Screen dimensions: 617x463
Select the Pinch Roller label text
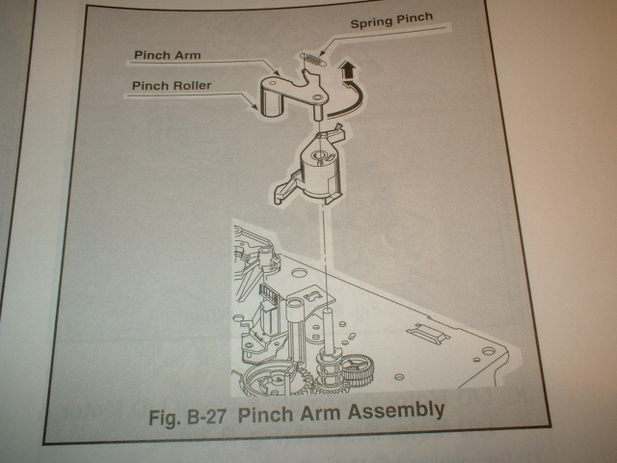click(171, 87)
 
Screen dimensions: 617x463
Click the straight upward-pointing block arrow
click(345, 70)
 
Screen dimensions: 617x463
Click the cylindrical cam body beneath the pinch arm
click(316, 170)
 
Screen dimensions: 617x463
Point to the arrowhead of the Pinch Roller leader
click(258, 108)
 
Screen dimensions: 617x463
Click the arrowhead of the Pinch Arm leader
click(280, 74)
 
